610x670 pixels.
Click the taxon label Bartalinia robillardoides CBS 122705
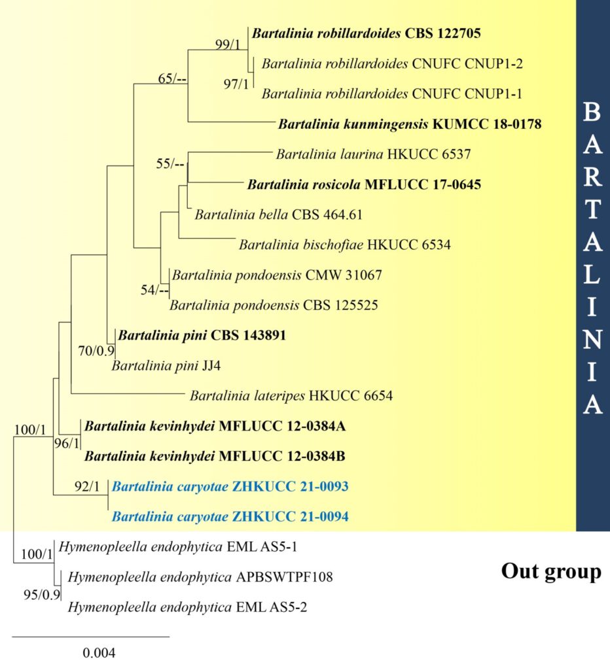point(367,33)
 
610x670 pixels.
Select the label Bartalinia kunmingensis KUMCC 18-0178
point(410,124)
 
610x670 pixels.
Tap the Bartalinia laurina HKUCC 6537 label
point(373,154)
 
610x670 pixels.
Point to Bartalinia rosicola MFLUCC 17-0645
point(364,185)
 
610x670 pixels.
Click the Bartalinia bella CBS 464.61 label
point(279,215)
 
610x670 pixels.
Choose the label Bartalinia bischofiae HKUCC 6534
point(345,245)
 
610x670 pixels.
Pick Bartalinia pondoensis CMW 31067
point(277,275)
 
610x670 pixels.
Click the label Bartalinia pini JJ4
point(166,366)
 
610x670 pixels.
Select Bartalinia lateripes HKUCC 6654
point(291,396)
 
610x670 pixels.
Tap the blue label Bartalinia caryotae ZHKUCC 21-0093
point(230,487)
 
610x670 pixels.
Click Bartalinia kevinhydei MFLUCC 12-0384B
point(215,456)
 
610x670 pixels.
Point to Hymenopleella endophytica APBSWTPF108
point(200,577)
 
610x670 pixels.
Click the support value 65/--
point(172,79)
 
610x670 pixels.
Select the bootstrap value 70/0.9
point(96,351)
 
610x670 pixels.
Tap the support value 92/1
point(87,486)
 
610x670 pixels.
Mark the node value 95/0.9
point(42,595)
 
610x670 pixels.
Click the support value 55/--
point(170,164)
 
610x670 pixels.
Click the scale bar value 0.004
point(99,653)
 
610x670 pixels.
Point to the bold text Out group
point(552,572)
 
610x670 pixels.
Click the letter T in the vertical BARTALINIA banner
point(592,209)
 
